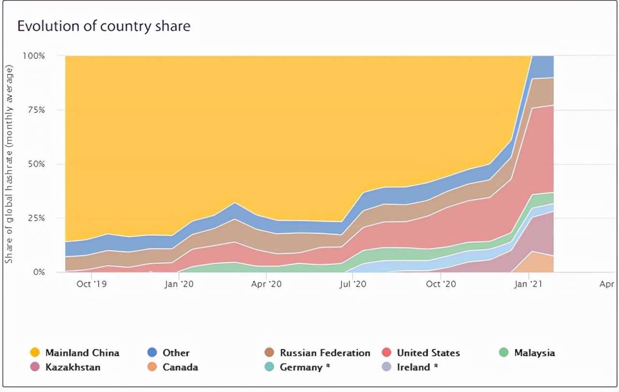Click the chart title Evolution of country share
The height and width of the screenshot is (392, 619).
pos(104,26)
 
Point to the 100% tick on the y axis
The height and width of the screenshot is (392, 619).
pos(34,56)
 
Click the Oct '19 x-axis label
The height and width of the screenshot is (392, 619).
pos(91,284)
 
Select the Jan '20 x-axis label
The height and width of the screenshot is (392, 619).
pos(179,284)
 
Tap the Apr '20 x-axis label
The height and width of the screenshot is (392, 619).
pos(266,284)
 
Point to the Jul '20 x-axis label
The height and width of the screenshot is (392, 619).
pos(354,284)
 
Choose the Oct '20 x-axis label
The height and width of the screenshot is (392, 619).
pos(441,284)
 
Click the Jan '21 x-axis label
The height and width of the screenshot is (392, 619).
pos(529,284)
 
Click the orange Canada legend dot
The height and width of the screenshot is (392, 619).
pos(152,367)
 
